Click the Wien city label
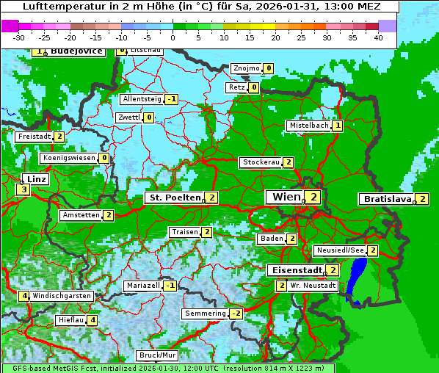(286, 197)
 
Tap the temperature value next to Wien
(313, 197)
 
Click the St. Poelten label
(174, 198)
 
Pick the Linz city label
(36, 179)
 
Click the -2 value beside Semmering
(236, 314)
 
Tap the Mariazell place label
(142, 285)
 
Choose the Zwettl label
(128, 117)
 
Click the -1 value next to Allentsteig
(171, 99)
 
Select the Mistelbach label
(308, 126)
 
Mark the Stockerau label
(261, 162)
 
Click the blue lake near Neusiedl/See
(358, 279)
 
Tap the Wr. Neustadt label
(313, 285)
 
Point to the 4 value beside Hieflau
(92, 320)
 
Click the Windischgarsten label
(62, 296)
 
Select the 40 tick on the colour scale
(378, 37)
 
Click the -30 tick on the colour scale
(19, 37)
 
